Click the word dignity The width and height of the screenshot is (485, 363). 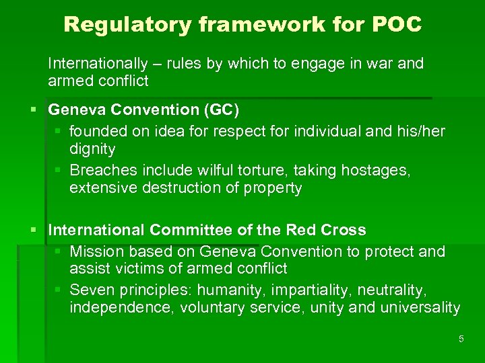coord(92,149)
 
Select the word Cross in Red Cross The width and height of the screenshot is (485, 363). coord(343,230)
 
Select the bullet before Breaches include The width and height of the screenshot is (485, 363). coord(60,171)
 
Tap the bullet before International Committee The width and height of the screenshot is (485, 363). coord(38,231)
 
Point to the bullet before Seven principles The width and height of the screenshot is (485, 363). coord(60,290)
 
